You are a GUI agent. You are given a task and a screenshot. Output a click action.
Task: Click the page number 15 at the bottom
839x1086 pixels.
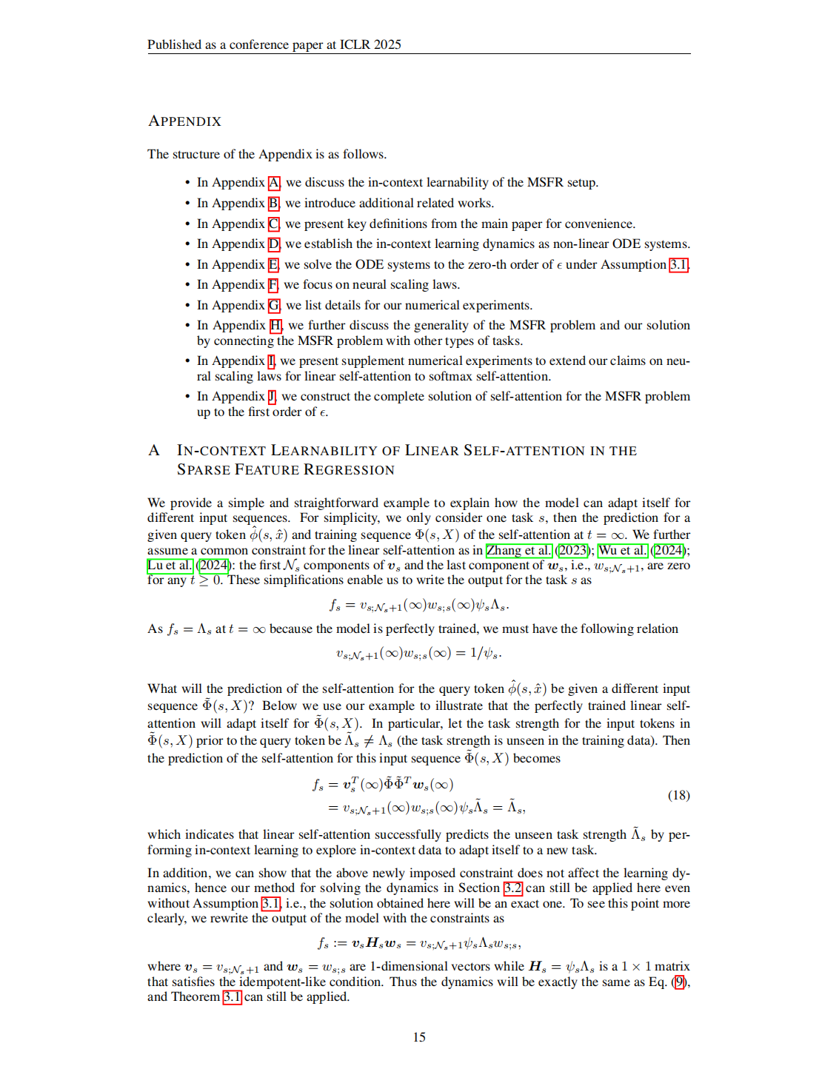[x=419, y=1037]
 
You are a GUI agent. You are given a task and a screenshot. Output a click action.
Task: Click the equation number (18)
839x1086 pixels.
[x=678, y=795]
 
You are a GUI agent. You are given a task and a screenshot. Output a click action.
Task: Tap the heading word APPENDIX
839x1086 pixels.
[x=184, y=121]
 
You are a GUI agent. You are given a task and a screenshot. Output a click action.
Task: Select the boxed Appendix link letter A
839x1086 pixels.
[x=274, y=183]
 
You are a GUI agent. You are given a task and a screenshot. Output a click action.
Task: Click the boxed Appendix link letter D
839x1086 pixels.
[x=274, y=244]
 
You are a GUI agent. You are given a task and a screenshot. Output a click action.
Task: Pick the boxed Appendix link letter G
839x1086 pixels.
[x=274, y=306]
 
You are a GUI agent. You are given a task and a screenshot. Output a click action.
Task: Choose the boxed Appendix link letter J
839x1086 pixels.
[x=272, y=397]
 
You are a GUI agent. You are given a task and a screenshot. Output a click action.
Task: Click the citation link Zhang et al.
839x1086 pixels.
[x=518, y=550]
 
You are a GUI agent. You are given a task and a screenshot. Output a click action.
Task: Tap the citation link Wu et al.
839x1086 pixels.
[x=622, y=550]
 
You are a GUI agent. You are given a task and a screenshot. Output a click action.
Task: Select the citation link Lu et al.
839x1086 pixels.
[x=170, y=566]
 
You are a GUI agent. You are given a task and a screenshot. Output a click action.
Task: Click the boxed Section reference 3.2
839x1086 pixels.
[x=512, y=888]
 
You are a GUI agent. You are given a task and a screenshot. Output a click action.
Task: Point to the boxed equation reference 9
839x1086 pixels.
[x=679, y=982]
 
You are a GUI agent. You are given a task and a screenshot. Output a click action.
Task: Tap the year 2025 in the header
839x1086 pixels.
[x=387, y=44]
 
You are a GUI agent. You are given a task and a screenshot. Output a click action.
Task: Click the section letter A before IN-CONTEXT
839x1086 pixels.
[x=154, y=451]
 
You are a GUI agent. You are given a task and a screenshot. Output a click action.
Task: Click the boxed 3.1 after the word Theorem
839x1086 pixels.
[x=232, y=997]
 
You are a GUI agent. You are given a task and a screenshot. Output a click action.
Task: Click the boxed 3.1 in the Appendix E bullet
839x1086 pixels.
[x=678, y=265]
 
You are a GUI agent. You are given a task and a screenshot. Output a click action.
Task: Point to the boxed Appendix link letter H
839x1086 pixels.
[x=275, y=326]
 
